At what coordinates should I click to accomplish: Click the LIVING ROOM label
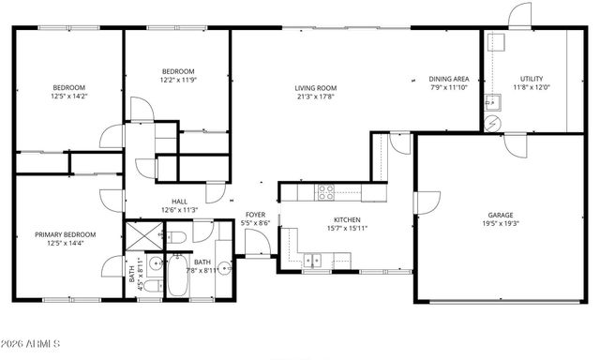click(316, 88)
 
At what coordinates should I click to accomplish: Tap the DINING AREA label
click(449, 80)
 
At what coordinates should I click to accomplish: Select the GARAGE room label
click(500, 214)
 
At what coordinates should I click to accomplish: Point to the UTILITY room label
click(532, 80)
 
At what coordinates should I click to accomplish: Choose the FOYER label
click(255, 216)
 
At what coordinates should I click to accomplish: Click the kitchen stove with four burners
click(326, 192)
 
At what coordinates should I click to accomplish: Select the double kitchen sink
click(316, 259)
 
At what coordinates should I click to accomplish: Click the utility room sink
click(492, 101)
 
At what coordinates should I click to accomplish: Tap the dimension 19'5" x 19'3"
click(500, 224)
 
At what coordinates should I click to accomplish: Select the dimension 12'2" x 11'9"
click(178, 81)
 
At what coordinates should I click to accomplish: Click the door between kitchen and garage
click(427, 202)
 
